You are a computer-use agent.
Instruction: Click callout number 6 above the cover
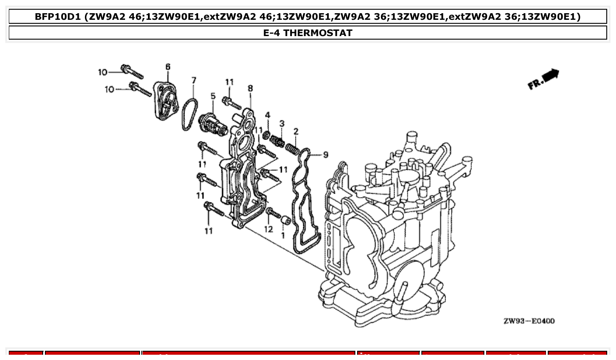point(168,66)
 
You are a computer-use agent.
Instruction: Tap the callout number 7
point(194,80)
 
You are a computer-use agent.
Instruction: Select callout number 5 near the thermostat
point(213,96)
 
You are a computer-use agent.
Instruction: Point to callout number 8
point(250,88)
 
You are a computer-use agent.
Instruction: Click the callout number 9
point(325,154)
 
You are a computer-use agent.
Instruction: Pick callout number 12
point(269,229)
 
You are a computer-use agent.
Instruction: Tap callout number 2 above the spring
point(296,131)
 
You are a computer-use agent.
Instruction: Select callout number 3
point(282,124)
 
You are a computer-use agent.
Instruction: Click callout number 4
point(267,115)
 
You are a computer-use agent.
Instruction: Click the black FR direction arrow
point(550,76)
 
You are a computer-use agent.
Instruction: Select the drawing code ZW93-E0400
point(529,321)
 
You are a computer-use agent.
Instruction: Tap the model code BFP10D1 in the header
point(58,17)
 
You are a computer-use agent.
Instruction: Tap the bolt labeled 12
point(274,213)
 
